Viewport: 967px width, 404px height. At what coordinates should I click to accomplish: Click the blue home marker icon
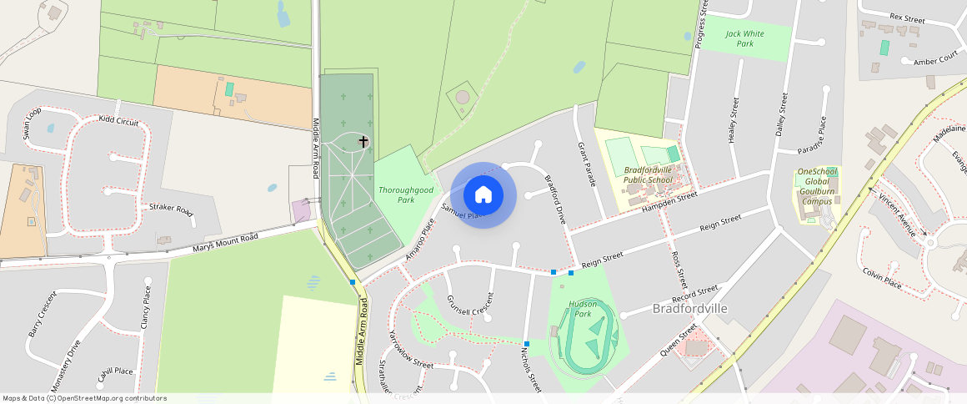point(483,195)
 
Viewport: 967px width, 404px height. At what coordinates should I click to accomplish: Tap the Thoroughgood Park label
point(406,194)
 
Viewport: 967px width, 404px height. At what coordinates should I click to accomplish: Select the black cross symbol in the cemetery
point(363,141)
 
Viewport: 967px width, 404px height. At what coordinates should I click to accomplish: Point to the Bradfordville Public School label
point(649,174)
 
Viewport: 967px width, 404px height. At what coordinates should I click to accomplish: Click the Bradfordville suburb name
point(690,309)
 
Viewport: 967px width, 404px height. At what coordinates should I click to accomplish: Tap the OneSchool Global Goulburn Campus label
point(818,186)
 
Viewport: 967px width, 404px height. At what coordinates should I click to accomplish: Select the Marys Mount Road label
point(225,243)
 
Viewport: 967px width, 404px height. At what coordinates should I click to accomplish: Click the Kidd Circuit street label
point(118,121)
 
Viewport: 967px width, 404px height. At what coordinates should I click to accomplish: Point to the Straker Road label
point(171,210)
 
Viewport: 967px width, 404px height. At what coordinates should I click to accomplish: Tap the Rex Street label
point(908,17)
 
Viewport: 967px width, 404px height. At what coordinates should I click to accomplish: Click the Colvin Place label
point(882,278)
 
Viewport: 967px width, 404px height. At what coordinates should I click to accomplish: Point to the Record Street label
point(694,295)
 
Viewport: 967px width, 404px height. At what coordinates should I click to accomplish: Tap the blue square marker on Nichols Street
point(527,344)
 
